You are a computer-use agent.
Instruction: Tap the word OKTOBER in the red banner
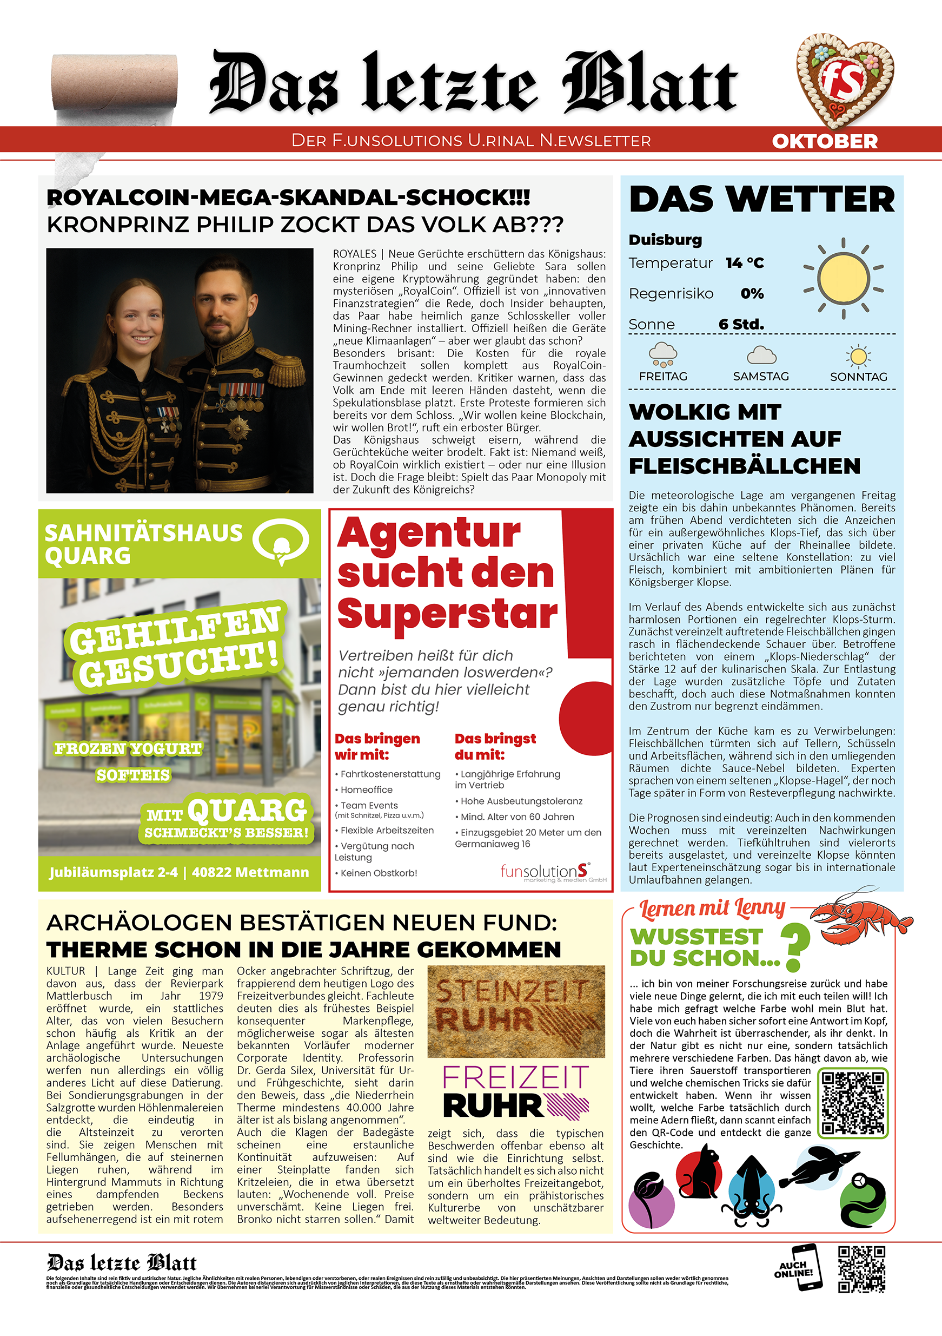(825, 141)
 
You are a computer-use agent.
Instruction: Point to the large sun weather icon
(843, 278)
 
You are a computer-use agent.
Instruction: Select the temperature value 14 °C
(745, 263)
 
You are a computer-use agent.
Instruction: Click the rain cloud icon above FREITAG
(663, 354)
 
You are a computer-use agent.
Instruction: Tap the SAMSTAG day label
(761, 377)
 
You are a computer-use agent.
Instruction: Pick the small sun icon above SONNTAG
(858, 356)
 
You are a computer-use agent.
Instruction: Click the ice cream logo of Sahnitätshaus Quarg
(281, 541)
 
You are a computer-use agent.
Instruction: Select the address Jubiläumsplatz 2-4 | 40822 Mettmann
(179, 872)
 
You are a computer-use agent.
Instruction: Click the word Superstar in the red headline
(447, 613)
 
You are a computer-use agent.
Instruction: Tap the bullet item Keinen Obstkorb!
(379, 873)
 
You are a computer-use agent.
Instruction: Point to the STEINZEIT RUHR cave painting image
(516, 1011)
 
